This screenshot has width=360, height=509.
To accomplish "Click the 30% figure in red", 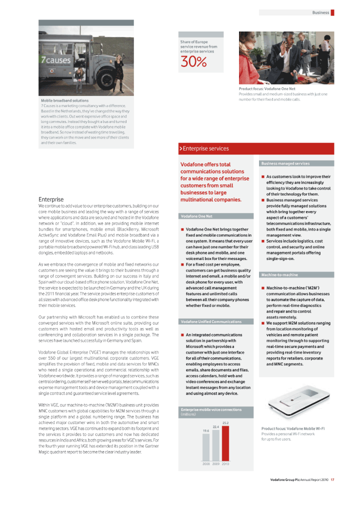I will [x=193, y=61].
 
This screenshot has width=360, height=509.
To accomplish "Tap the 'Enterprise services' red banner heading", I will [x=206, y=148].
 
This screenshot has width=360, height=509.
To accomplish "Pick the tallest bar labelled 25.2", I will [x=225, y=442].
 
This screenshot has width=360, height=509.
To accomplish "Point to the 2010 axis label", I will [x=225, y=464].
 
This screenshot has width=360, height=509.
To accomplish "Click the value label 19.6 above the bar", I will [x=206, y=430].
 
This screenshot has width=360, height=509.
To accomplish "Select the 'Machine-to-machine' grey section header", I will [x=278, y=275].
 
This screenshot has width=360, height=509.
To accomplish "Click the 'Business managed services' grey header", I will [x=285, y=163].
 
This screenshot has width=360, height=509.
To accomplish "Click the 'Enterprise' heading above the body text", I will [x=51, y=199].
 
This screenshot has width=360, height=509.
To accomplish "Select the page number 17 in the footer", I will [x=332, y=480].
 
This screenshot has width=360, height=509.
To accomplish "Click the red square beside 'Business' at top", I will [x=332, y=12].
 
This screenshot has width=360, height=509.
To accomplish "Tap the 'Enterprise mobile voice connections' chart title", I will [x=211, y=409].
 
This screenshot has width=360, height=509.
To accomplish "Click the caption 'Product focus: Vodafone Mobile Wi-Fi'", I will [x=293, y=428].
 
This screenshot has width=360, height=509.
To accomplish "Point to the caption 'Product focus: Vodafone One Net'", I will [x=267, y=88].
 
